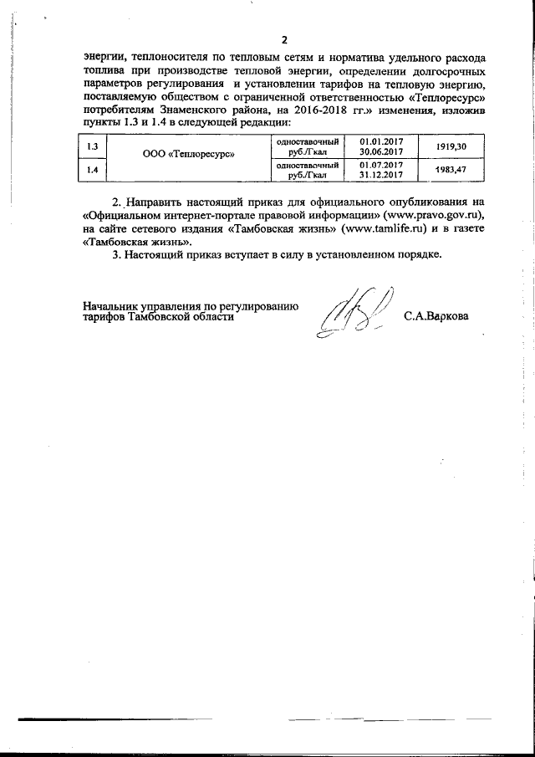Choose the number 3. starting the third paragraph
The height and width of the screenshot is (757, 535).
click(117, 254)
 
